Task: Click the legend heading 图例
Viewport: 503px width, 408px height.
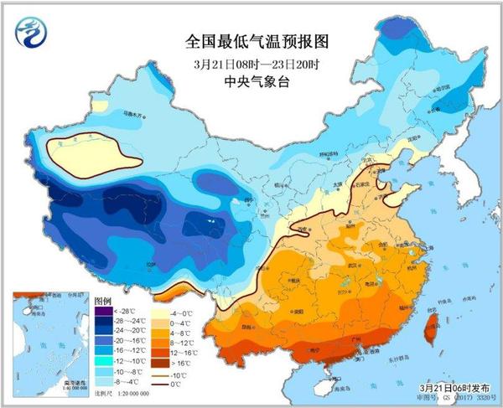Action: point(103,300)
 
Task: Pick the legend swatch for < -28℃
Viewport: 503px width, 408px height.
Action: point(103,312)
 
